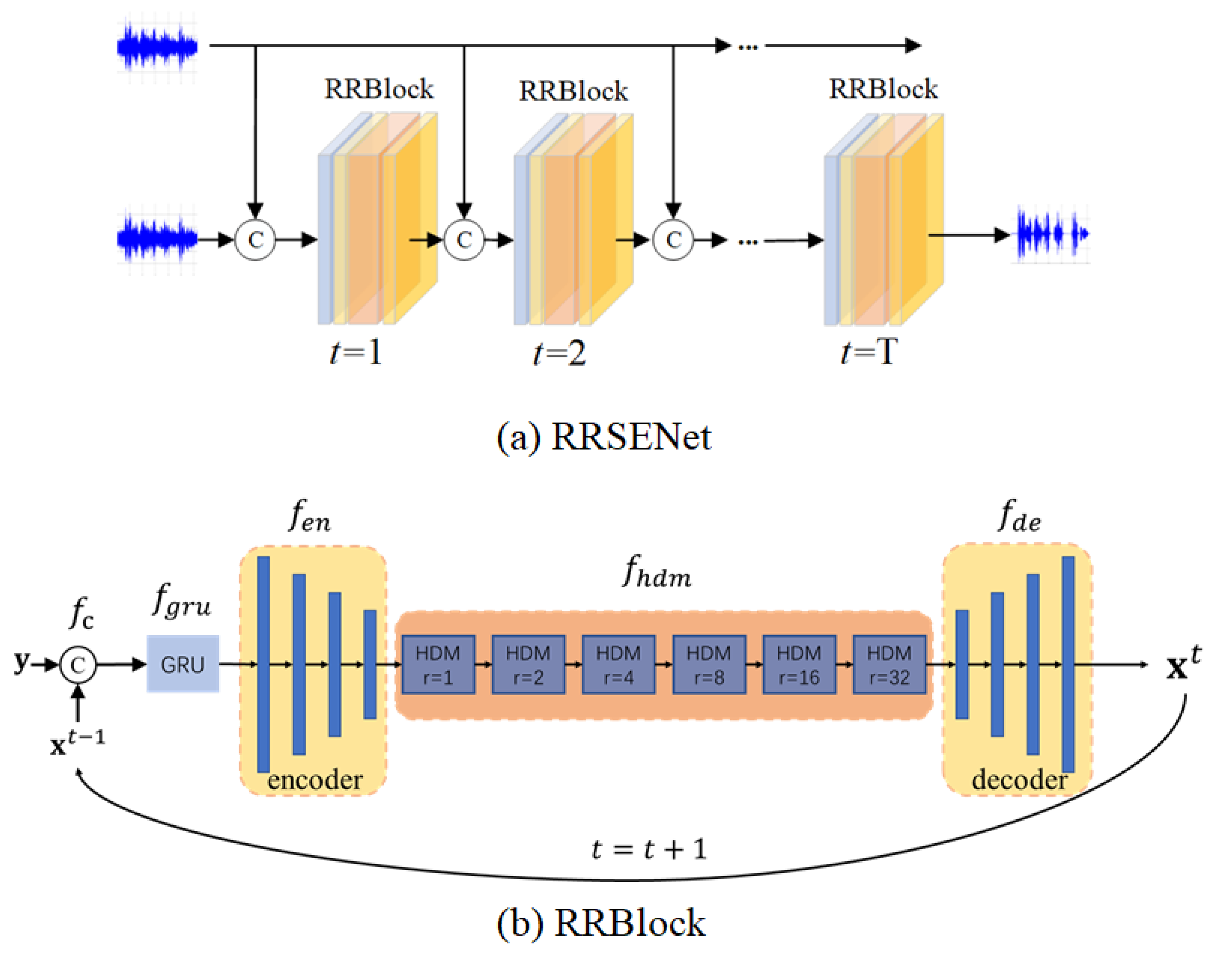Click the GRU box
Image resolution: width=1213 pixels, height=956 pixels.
[182, 664]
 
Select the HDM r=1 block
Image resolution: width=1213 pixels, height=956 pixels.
[438, 664]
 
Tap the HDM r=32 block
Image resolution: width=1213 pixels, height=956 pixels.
[889, 664]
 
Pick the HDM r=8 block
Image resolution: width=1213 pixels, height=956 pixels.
[708, 664]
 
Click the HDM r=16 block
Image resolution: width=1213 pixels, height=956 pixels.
[799, 664]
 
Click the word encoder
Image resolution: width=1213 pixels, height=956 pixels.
[315, 780]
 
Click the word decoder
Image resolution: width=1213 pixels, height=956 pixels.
[1019, 780]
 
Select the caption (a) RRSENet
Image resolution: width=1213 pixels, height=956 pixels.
[604, 437]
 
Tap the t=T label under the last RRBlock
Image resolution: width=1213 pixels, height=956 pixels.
[868, 353]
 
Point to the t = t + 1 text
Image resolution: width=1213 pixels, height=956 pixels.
[648, 849]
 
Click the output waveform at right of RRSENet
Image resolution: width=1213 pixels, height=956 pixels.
[1052, 233]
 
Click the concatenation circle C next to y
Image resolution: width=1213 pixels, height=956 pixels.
[78, 664]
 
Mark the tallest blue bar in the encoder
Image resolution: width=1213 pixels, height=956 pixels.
[263, 664]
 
